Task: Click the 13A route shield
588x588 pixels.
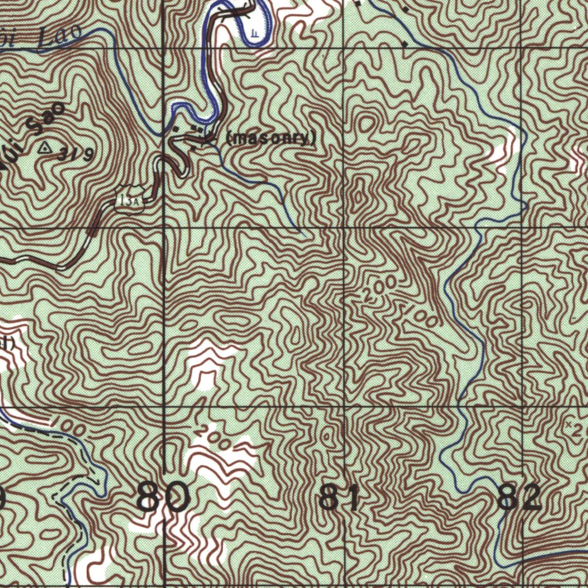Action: click(129, 200)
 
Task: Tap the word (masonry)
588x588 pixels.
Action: click(272, 138)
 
